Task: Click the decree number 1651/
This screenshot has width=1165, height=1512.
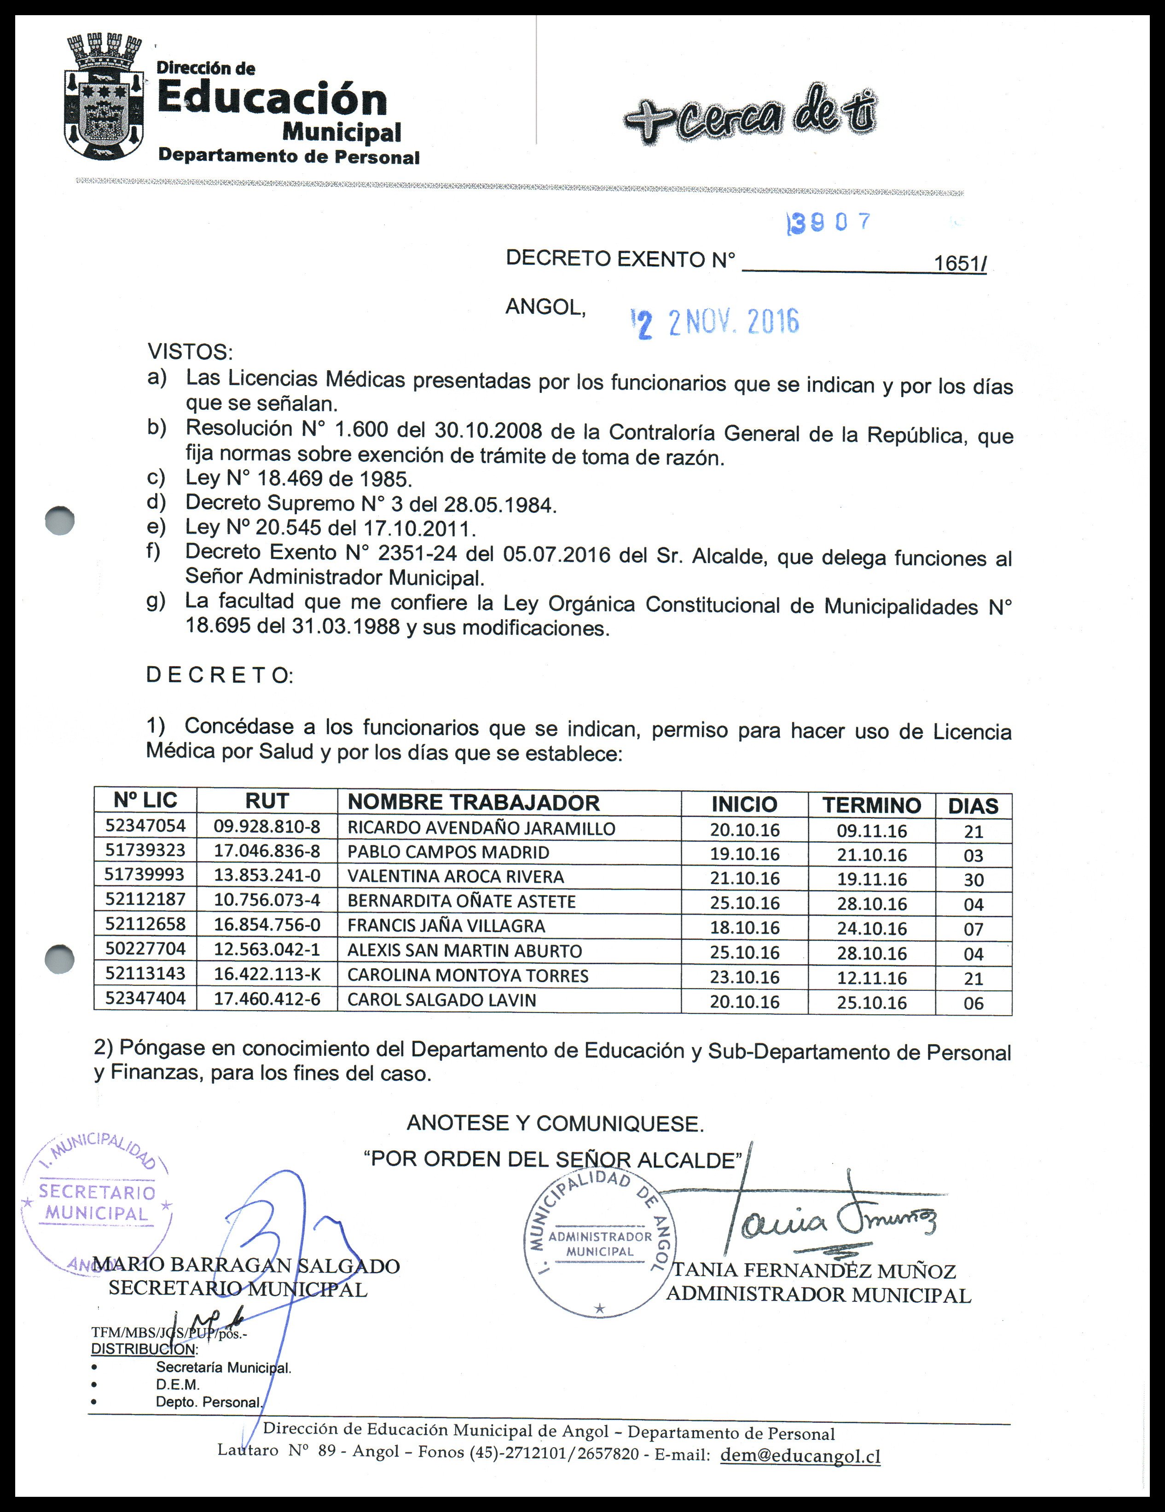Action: [959, 263]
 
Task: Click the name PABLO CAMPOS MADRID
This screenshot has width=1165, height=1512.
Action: [448, 852]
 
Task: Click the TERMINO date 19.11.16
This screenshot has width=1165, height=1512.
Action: [871, 879]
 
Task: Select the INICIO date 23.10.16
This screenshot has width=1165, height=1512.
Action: [745, 977]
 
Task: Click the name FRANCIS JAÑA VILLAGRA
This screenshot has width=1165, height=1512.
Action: [446, 926]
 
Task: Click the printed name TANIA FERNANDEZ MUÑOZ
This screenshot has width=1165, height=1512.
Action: [815, 1271]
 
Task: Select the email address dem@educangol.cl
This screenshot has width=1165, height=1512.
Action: [800, 1455]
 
